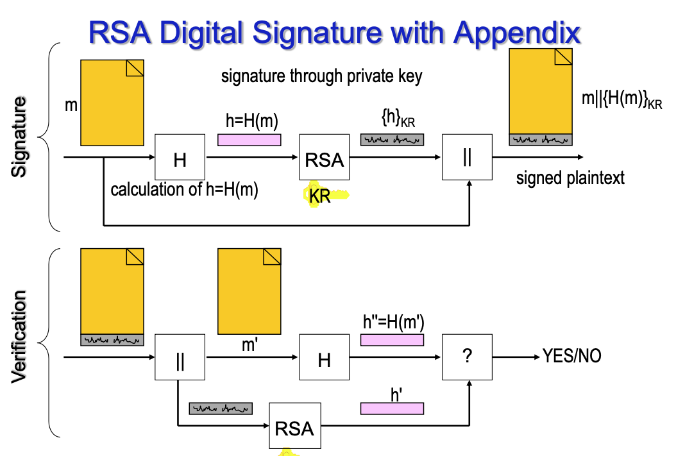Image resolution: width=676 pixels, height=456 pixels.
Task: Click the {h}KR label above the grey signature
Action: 392,119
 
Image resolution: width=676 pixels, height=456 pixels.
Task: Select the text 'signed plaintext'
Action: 570,178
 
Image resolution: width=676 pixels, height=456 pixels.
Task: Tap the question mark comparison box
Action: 467,357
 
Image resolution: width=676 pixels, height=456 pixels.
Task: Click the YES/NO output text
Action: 572,357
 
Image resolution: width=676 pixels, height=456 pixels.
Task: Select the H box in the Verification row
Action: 324,359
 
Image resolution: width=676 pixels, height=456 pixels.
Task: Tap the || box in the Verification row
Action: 180,359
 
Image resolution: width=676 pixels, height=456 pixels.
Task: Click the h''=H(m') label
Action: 392,323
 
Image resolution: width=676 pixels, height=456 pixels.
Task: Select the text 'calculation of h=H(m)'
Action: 184,190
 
